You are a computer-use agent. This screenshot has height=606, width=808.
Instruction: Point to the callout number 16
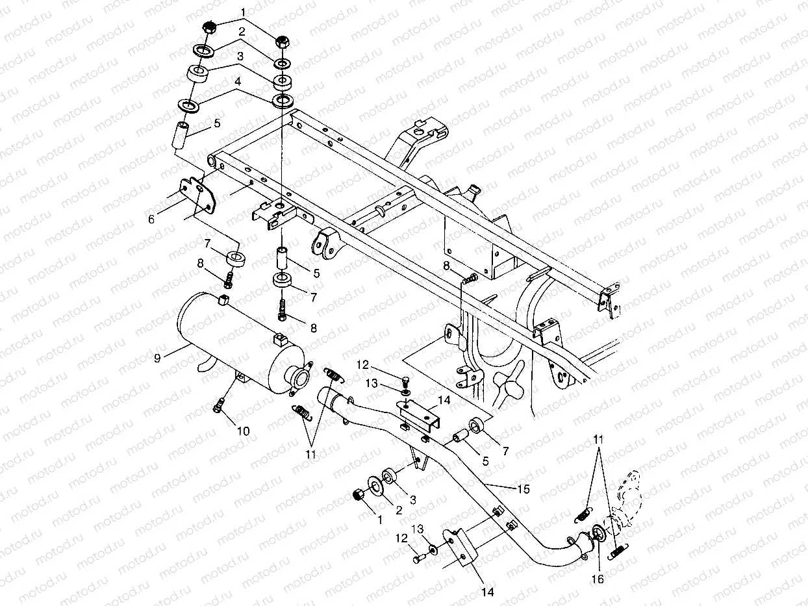(x=598, y=579)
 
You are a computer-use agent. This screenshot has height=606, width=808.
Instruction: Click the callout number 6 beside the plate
(x=151, y=220)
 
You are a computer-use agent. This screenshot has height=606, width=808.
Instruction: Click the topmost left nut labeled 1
(x=209, y=27)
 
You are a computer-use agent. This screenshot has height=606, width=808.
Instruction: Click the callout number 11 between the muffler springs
(x=310, y=454)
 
